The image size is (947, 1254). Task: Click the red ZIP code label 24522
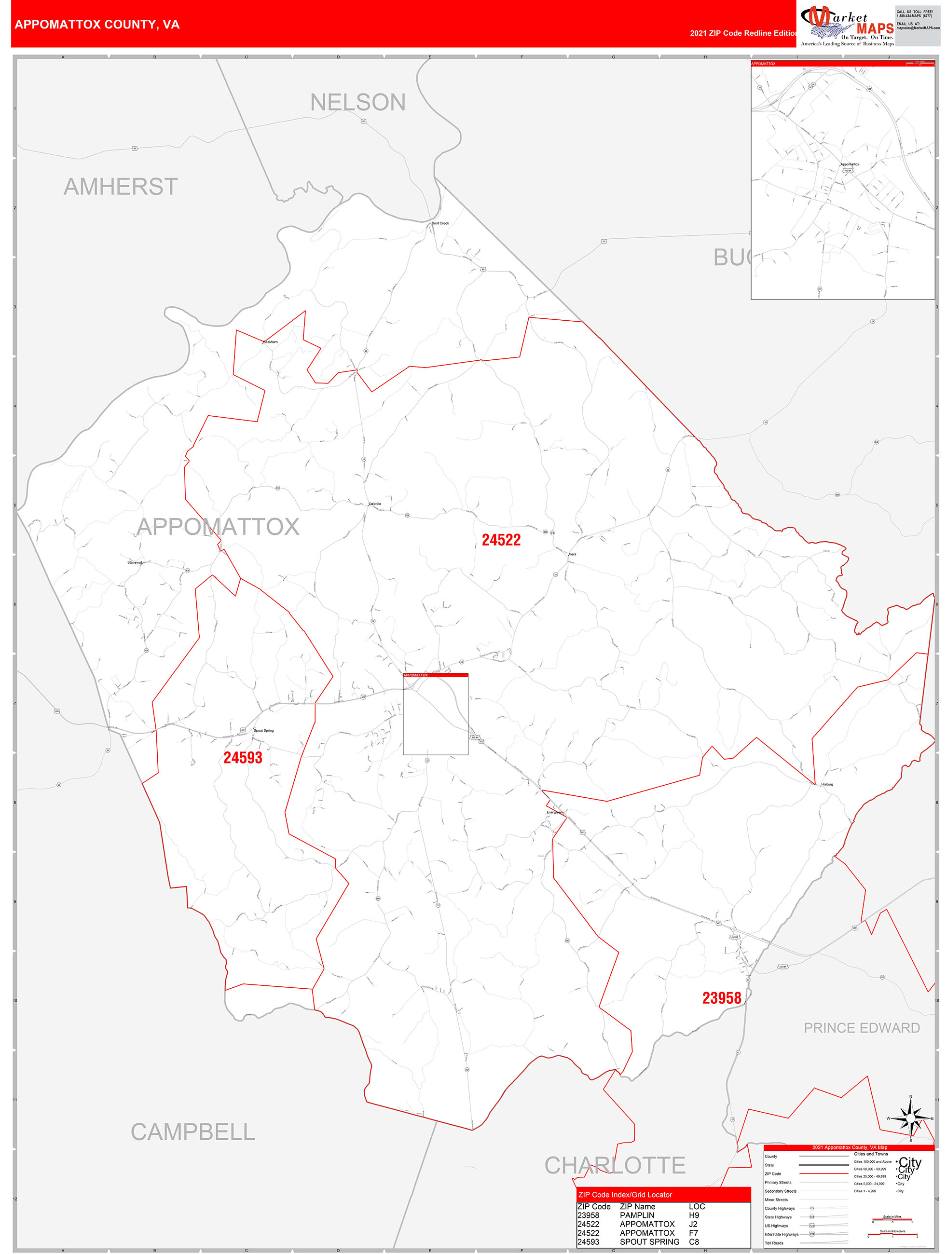501,540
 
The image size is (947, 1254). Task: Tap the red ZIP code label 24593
243,758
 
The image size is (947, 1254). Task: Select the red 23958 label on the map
721,998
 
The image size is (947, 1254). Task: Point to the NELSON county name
358,103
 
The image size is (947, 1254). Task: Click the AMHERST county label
121,187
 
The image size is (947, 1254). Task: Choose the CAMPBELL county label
193,1132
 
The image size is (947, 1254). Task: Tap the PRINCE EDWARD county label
862,1028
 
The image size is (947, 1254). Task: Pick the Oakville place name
375,504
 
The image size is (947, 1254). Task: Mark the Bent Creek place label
440,223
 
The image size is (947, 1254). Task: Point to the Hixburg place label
827,785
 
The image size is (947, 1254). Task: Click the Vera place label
572,555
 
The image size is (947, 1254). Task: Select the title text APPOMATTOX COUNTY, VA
97,25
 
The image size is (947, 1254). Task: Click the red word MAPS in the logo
875,28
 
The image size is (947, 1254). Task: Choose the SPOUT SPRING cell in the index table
649,1242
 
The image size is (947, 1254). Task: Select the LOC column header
697,1206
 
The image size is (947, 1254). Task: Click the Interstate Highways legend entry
782,1234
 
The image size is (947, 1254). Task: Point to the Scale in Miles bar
892,1220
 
